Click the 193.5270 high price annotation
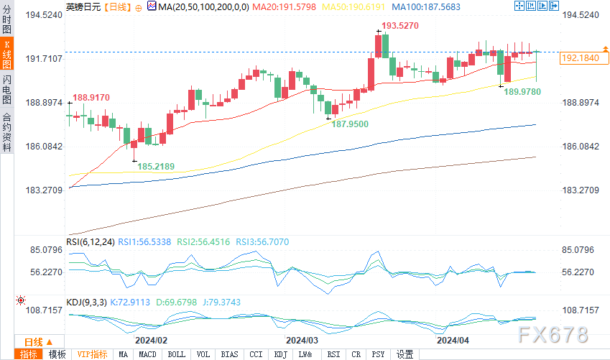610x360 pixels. pyautogui.click(x=399, y=25)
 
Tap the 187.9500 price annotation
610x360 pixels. pyautogui.click(x=349, y=124)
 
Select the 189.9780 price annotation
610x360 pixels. pyautogui.click(x=522, y=91)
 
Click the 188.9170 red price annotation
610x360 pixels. pyautogui.click(x=91, y=97)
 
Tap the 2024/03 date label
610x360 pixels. pyautogui.click(x=302, y=340)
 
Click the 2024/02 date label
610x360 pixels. pyautogui.click(x=151, y=340)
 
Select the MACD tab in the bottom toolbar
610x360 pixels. pyautogui.click(x=148, y=354)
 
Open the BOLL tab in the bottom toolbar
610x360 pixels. pyautogui.click(x=176, y=354)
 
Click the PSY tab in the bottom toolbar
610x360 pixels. pyautogui.click(x=377, y=354)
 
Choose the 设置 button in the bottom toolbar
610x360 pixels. pyautogui.click(x=405, y=354)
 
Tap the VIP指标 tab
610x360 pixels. pyautogui.click(x=92, y=354)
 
